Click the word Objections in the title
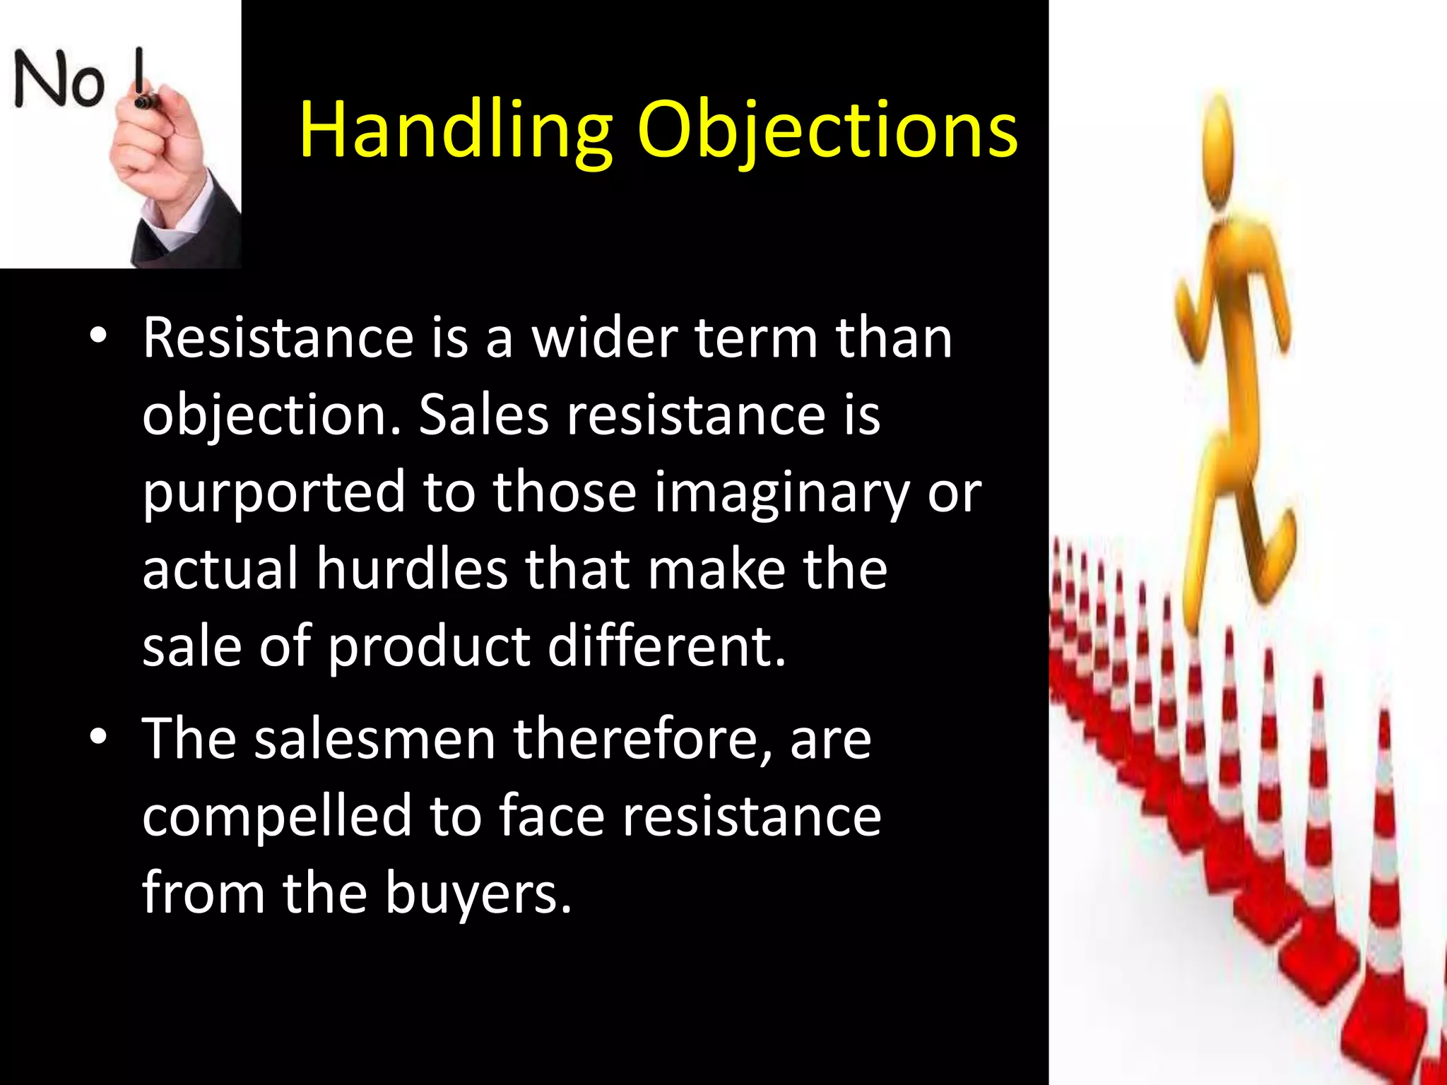point(827,131)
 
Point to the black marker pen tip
point(143,102)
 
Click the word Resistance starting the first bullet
point(278,338)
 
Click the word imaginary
point(781,492)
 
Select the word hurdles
point(412,569)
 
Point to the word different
point(666,646)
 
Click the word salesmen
point(375,740)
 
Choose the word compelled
point(276,817)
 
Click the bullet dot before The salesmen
point(98,737)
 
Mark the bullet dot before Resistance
point(98,335)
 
